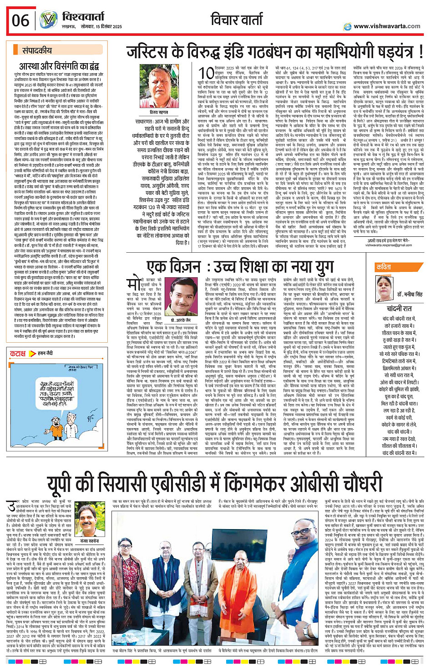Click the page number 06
(x=20, y=20)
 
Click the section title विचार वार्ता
(x=237, y=20)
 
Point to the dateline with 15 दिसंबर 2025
(x=100, y=27)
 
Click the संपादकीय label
(x=37, y=51)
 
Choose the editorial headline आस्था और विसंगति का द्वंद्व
(x=68, y=66)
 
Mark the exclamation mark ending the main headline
(x=420, y=51)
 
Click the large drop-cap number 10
(x=206, y=74)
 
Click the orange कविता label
(x=384, y=267)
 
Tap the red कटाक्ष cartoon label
(x=18, y=353)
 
